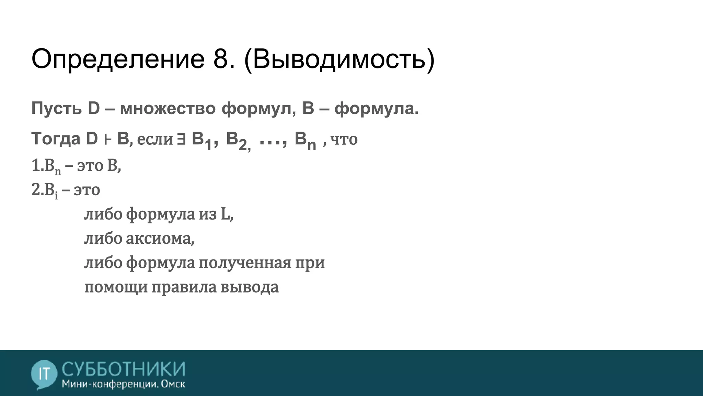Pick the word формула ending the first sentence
point(374,109)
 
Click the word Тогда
point(56,139)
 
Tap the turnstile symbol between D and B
point(107,140)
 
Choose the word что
point(344,139)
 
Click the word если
point(155,139)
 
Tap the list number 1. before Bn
point(37,166)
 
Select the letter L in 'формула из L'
point(225,214)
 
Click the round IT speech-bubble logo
point(44,374)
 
